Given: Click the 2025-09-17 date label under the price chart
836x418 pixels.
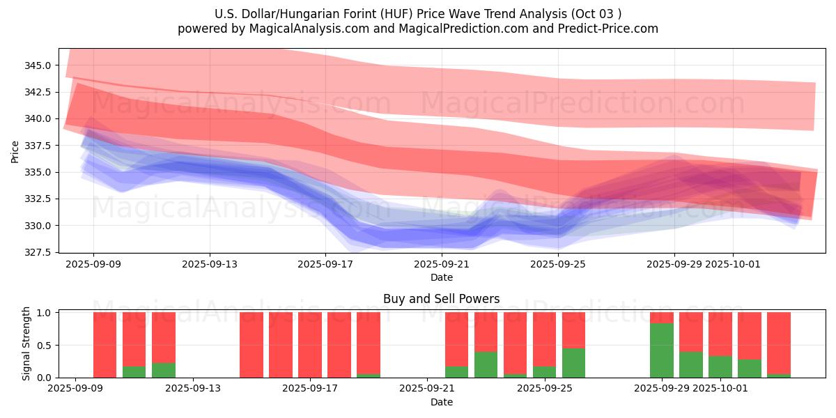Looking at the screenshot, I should [x=325, y=265].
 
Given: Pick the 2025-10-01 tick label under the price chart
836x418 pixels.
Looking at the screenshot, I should [x=732, y=265].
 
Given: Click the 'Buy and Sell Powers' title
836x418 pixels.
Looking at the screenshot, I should [x=441, y=299].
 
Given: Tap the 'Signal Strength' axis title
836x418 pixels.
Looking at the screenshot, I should [x=26, y=344].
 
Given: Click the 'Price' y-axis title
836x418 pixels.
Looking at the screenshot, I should [x=15, y=150].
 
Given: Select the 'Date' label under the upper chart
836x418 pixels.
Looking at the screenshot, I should [x=441, y=277].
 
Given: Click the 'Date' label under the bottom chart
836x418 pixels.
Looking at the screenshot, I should [x=441, y=402].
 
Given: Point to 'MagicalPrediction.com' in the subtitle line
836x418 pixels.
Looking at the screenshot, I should [x=454, y=29].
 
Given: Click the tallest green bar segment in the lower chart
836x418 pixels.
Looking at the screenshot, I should [x=661, y=350].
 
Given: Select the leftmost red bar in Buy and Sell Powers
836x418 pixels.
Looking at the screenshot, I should [x=104, y=345].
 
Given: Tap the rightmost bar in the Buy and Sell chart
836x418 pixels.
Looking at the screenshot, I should [x=778, y=345].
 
